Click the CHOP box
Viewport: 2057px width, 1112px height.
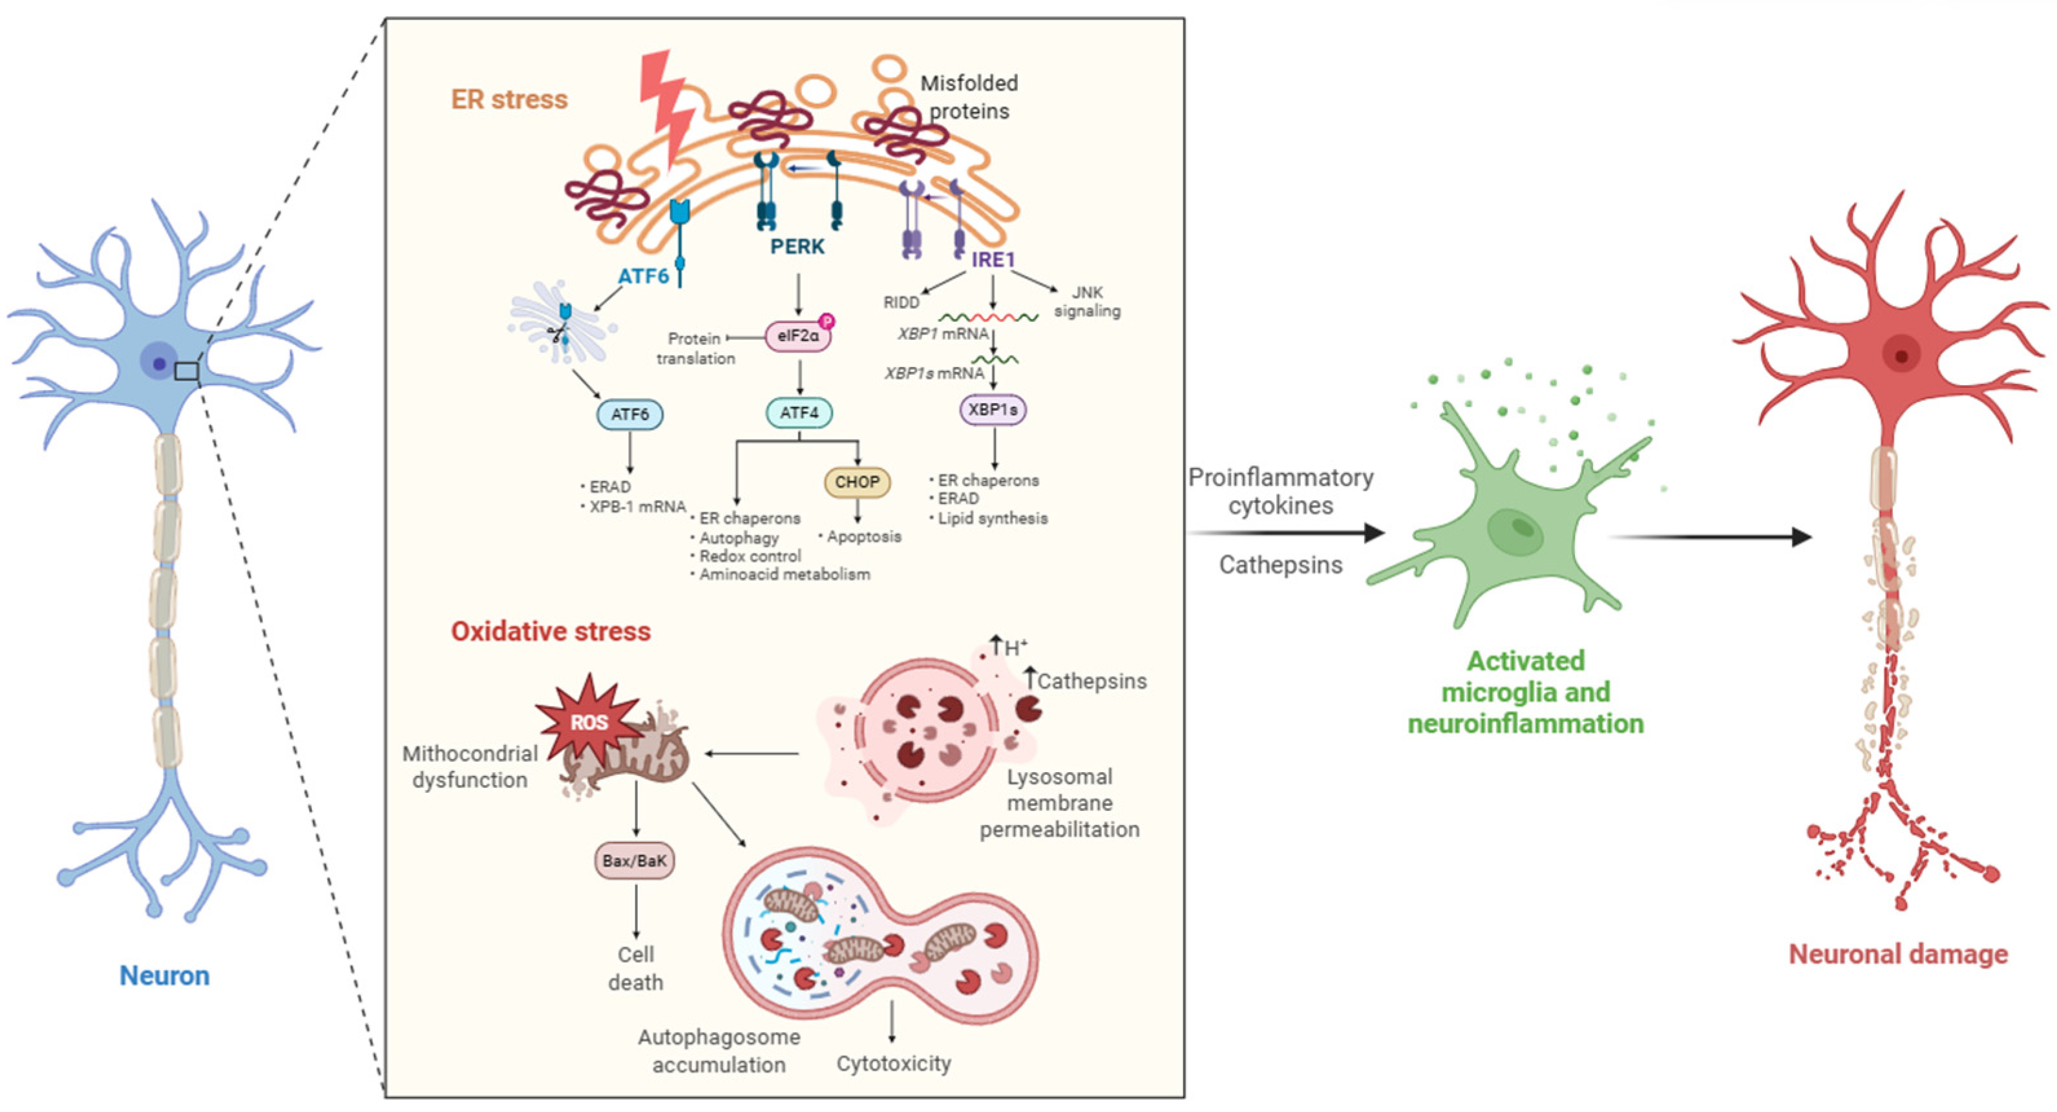coord(857,482)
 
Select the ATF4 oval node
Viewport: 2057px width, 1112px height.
coord(799,413)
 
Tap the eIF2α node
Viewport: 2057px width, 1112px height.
coord(797,336)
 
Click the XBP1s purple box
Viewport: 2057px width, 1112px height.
coord(993,410)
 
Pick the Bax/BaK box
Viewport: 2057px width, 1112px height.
coord(635,861)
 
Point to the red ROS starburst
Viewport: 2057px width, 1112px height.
coord(589,722)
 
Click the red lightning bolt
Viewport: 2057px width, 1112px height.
coord(667,108)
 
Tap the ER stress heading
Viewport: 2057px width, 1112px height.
coord(509,99)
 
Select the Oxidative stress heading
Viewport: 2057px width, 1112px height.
coord(551,631)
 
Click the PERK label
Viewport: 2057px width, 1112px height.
coord(797,247)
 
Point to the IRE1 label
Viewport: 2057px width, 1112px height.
coord(993,260)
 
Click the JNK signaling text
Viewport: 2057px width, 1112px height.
coord(1087,302)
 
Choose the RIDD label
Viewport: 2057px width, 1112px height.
coord(901,302)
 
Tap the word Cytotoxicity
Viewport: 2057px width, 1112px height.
coord(894,1064)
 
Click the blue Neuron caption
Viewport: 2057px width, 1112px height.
coord(165,976)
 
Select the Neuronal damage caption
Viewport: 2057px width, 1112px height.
coord(1898,954)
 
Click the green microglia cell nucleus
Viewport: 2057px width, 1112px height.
coord(1517,529)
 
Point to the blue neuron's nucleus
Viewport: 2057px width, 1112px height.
coord(159,364)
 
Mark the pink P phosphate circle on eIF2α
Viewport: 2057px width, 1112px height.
coord(828,322)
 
